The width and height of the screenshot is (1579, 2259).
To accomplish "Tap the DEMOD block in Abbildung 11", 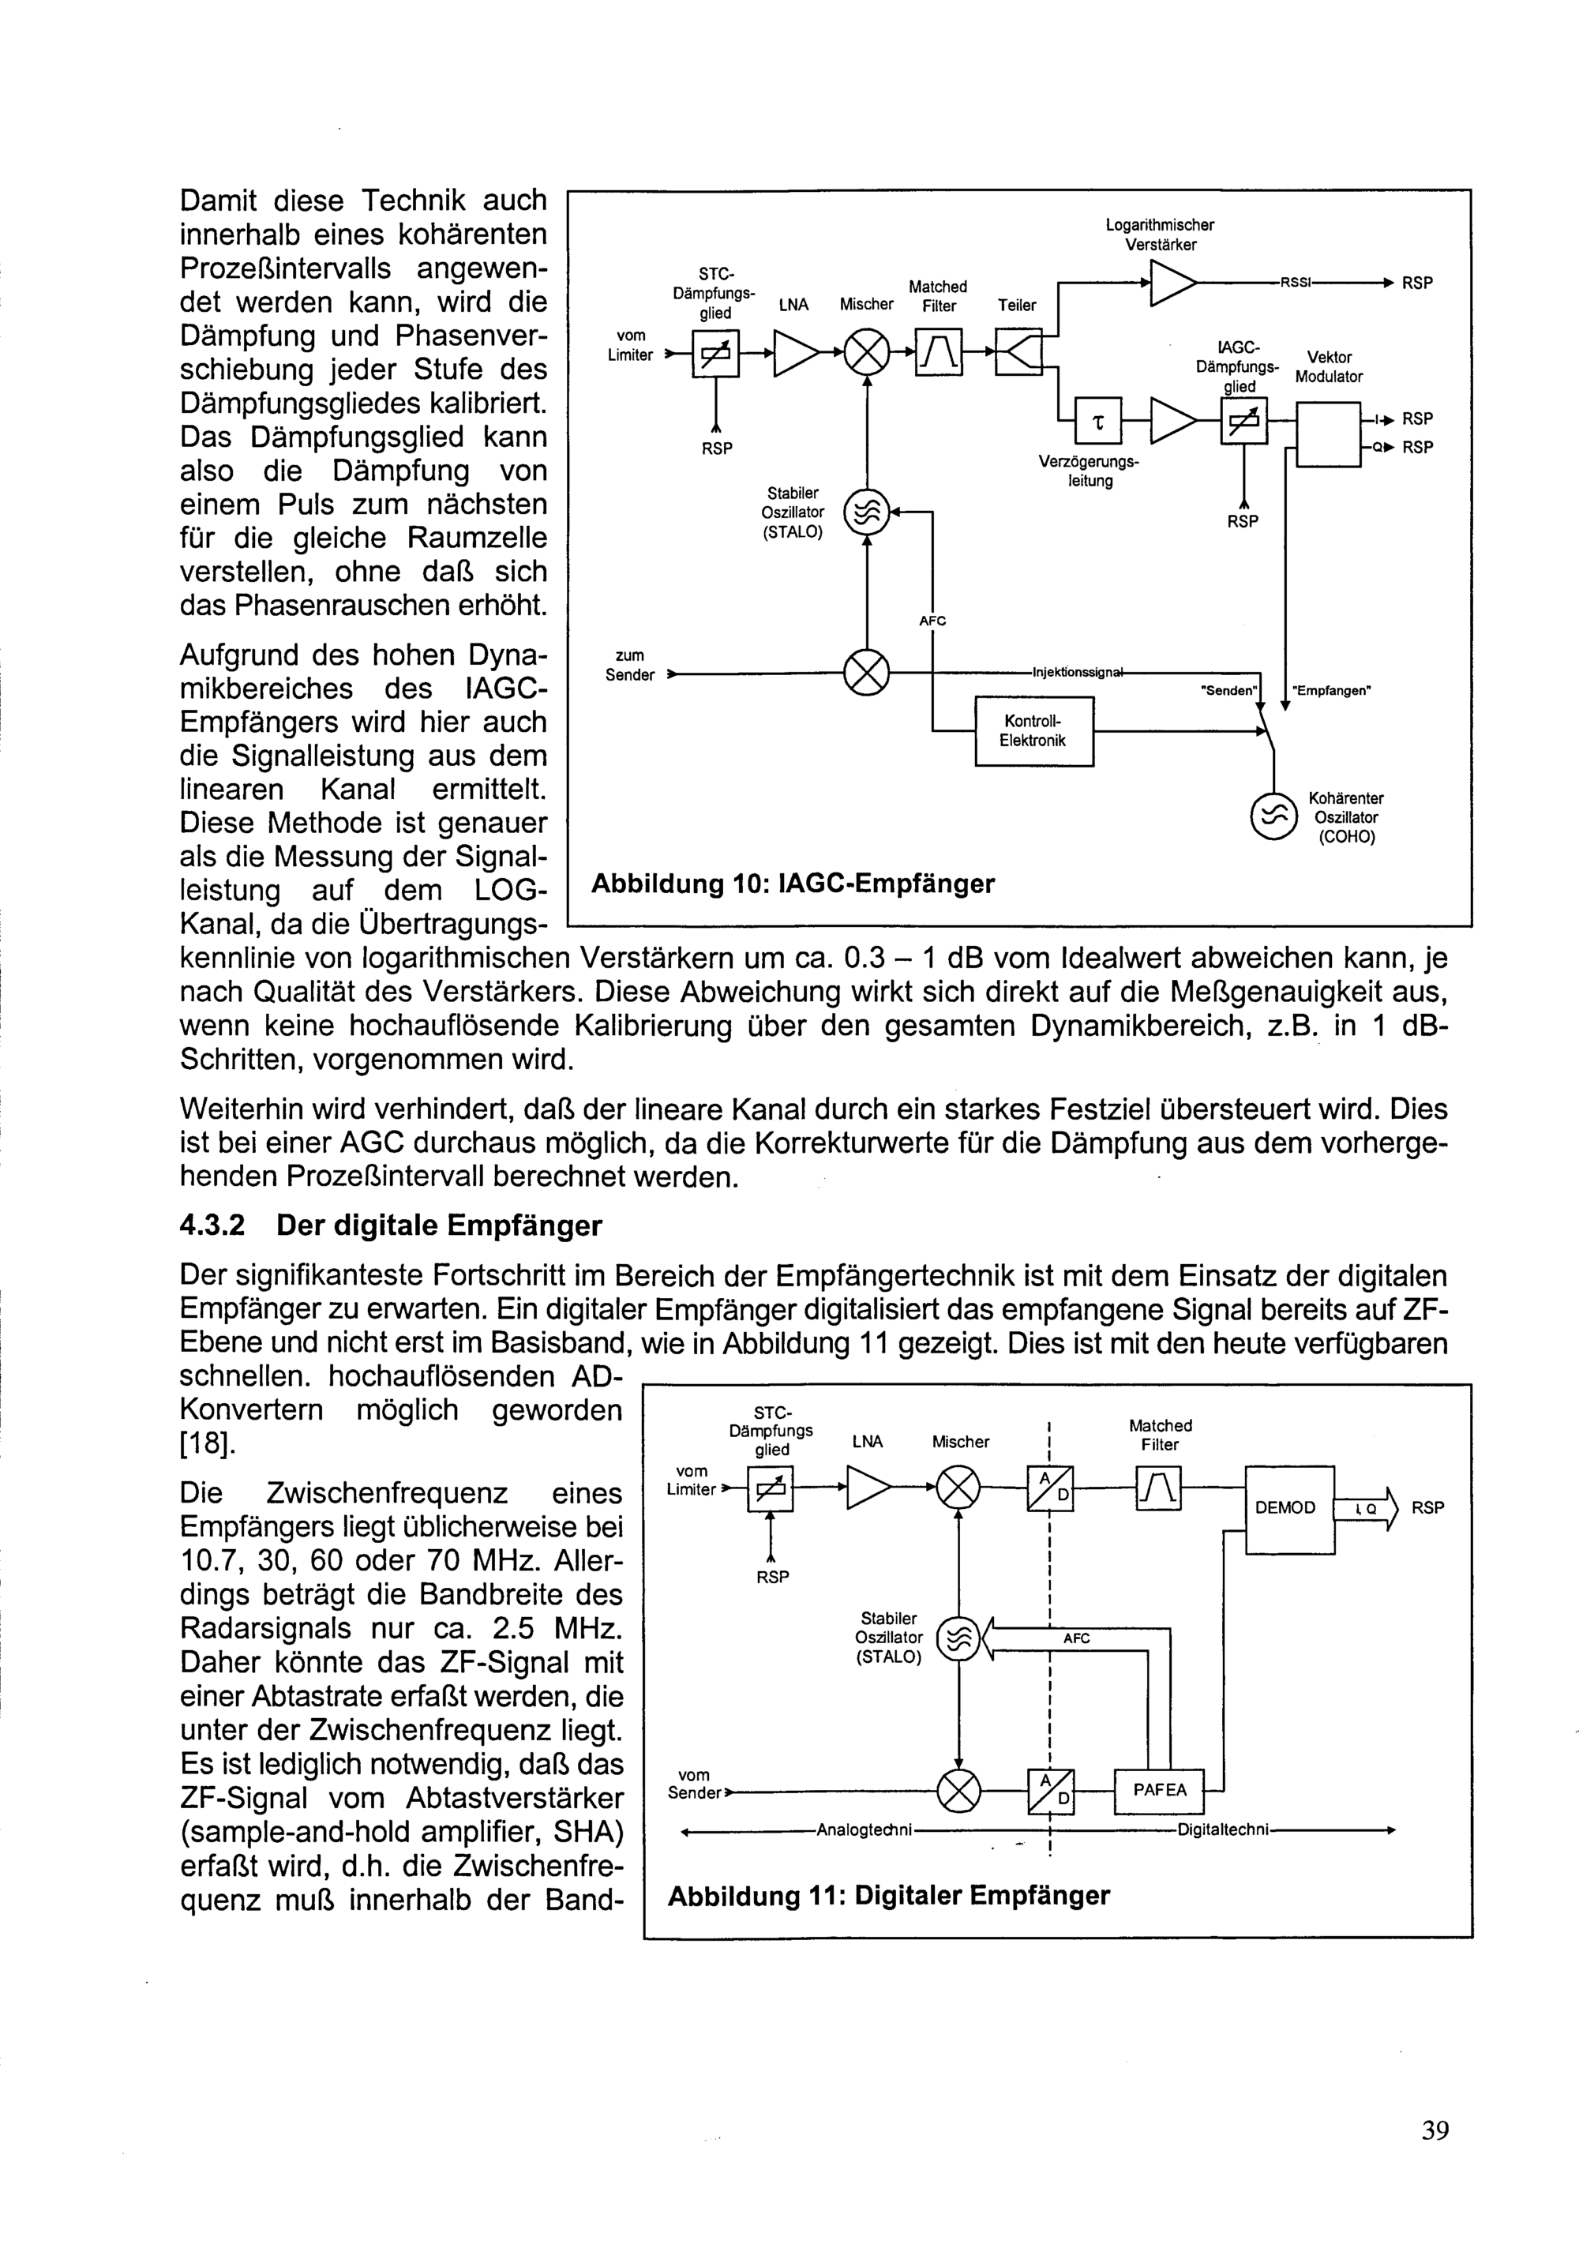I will [1288, 1507].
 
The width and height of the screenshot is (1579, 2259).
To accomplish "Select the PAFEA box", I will [1159, 1790].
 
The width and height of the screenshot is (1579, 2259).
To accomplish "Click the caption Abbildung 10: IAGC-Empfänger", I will [793, 884].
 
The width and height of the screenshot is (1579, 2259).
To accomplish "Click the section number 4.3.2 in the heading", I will [212, 1226].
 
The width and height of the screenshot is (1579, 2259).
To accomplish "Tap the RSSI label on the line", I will [1296, 283].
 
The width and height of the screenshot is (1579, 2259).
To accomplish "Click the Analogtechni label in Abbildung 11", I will [866, 1830].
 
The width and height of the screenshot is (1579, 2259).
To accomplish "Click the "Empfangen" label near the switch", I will [1331, 690].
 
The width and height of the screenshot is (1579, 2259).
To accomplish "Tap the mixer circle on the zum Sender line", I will [867, 674].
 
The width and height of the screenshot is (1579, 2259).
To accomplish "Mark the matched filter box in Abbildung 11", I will [1158, 1488].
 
